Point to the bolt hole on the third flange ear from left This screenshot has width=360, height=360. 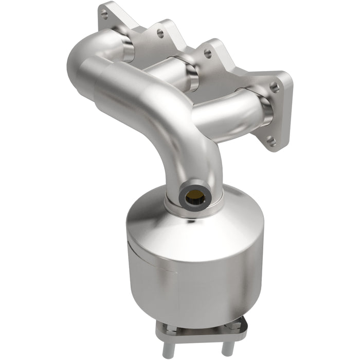click(207, 52)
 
